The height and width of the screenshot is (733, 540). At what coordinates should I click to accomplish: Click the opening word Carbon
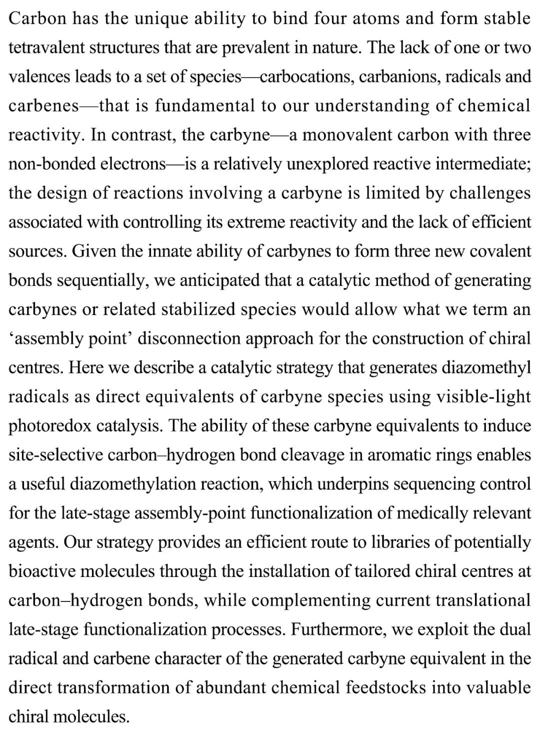tap(34, 18)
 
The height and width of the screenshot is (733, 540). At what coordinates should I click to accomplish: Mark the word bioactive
tap(41, 571)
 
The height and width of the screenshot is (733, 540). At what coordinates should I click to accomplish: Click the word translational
tap(483, 600)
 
